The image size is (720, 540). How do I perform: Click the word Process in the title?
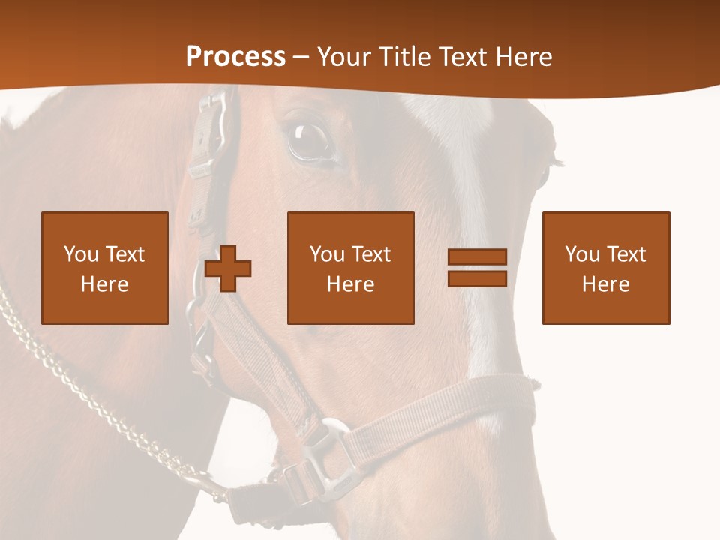click(235, 57)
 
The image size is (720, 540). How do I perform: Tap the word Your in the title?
click(343, 57)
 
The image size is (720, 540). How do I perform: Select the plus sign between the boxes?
click(228, 268)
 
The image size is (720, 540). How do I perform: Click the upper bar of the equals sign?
click(477, 258)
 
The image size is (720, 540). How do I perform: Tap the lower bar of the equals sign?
click(477, 278)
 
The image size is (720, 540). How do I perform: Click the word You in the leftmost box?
click(81, 254)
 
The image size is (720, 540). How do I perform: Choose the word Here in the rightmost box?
click(605, 284)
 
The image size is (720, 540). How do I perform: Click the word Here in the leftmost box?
click(104, 284)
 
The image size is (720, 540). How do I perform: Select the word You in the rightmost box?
click(582, 254)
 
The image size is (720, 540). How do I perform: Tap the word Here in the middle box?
click(350, 284)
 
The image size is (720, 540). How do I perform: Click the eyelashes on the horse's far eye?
click(556, 160)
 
